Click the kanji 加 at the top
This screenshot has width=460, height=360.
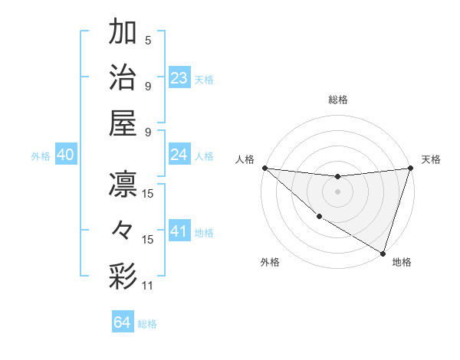(x=123, y=33)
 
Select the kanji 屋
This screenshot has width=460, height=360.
(x=123, y=123)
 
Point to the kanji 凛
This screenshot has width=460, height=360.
(x=123, y=185)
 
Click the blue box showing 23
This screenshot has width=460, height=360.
(x=179, y=78)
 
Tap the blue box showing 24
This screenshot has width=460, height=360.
(x=179, y=155)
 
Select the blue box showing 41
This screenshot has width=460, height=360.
(x=179, y=231)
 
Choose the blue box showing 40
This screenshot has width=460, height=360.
(x=65, y=155)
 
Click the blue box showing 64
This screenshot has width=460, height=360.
(x=123, y=322)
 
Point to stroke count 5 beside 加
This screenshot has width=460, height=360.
(x=148, y=41)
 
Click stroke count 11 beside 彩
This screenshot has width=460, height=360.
(x=148, y=286)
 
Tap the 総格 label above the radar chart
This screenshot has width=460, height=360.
(x=338, y=100)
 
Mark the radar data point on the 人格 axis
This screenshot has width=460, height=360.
(x=264, y=168)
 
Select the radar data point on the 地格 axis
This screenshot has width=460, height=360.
(x=383, y=253)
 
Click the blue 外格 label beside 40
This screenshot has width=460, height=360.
(x=41, y=156)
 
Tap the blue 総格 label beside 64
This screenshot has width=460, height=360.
(x=147, y=324)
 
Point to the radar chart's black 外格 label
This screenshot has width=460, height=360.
(x=270, y=262)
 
